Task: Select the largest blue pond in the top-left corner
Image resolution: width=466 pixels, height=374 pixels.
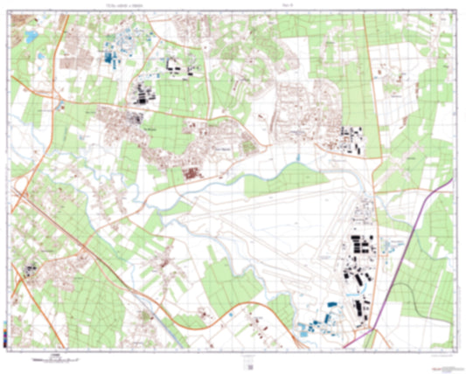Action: pos(32,38)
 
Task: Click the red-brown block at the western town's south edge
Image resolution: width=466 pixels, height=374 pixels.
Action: pos(191,174)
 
